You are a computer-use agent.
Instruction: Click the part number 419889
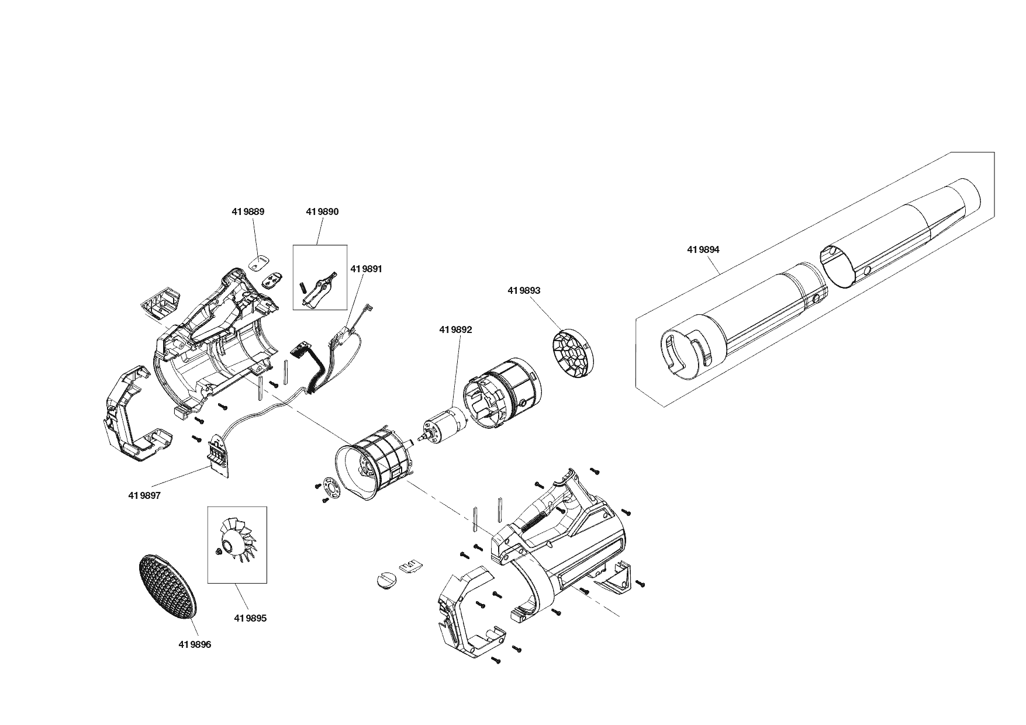tap(248, 212)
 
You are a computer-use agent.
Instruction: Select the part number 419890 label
tap(322, 212)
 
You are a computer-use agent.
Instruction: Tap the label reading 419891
tap(367, 269)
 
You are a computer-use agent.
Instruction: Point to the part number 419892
tap(455, 330)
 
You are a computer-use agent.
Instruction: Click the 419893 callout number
tap(524, 290)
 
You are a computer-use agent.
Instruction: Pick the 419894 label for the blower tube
tap(703, 249)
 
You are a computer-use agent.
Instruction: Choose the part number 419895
tap(250, 618)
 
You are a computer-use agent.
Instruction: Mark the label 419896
tap(195, 645)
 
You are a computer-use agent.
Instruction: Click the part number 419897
tap(144, 495)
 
